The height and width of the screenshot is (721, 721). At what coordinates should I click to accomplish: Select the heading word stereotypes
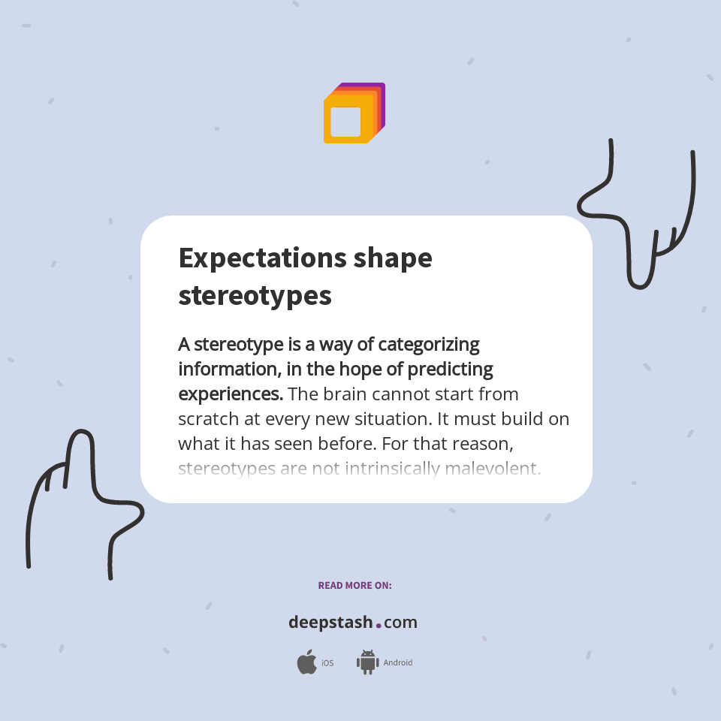click(x=255, y=295)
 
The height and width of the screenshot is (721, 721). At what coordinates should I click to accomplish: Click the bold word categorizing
click(x=428, y=345)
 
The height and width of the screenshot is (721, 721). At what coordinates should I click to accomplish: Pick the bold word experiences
click(x=230, y=394)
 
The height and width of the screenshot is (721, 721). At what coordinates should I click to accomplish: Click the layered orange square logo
click(x=354, y=113)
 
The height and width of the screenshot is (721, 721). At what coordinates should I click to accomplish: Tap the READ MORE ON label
click(x=354, y=585)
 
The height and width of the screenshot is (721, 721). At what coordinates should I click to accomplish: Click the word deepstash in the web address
click(x=330, y=623)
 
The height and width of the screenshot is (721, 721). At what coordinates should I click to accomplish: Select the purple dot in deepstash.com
click(x=379, y=625)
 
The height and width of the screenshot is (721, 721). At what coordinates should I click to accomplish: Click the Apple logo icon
click(x=306, y=662)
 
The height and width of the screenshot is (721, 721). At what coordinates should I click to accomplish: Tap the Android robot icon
click(x=367, y=662)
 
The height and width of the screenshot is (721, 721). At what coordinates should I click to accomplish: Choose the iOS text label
click(x=327, y=663)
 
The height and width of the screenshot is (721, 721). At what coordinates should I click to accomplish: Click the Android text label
click(x=397, y=663)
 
